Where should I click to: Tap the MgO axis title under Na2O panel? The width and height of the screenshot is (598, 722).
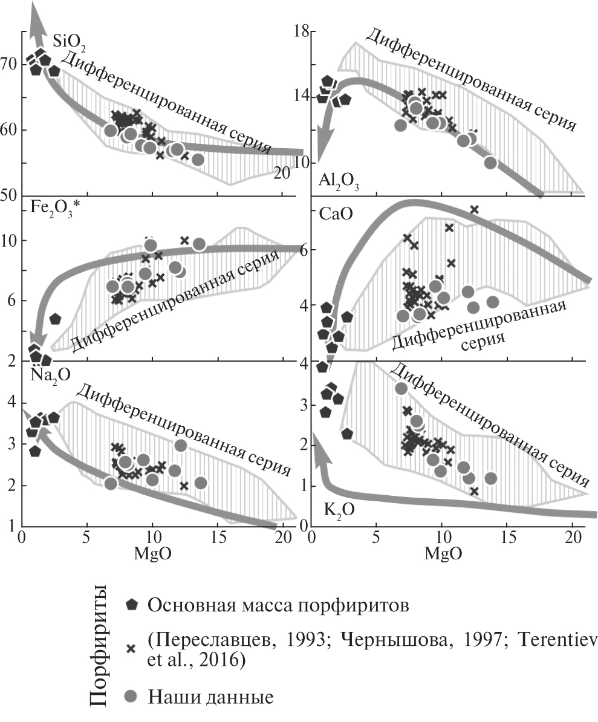click(151, 553)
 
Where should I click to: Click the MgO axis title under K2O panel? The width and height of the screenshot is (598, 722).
click(443, 553)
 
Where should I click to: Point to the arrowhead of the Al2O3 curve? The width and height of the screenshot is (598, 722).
click(327, 145)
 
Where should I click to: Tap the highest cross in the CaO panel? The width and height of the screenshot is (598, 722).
click(474, 210)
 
